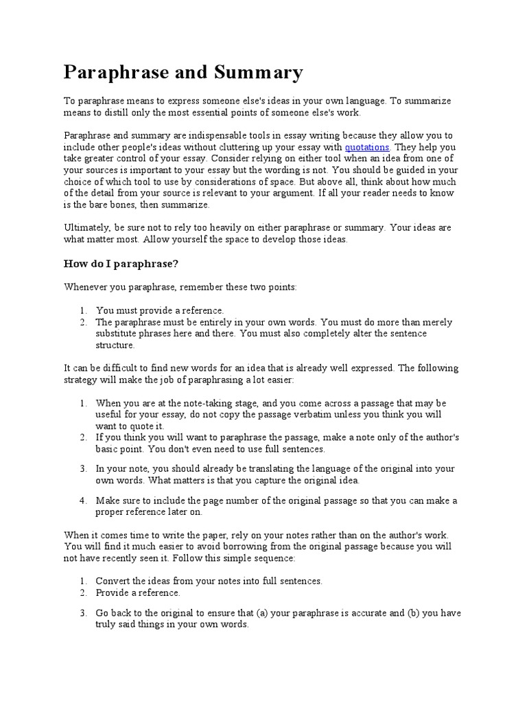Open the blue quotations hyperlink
[367, 147]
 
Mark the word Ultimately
[86, 227]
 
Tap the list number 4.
[82, 500]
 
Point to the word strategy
[82, 380]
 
